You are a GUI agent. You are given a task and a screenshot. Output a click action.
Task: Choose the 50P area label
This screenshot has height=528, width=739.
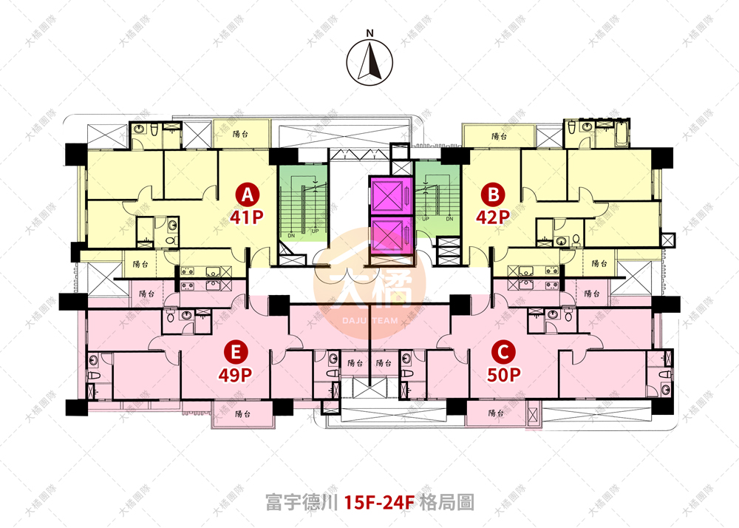(503, 374)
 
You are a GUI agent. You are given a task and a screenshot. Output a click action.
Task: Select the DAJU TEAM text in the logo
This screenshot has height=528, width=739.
(369, 320)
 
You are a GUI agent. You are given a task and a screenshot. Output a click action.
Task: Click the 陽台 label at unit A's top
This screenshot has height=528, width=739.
(239, 134)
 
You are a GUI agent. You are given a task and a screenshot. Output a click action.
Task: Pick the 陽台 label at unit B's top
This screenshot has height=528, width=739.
(499, 136)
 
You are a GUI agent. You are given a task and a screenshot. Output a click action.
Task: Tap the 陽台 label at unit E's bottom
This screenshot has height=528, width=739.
(244, 414)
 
